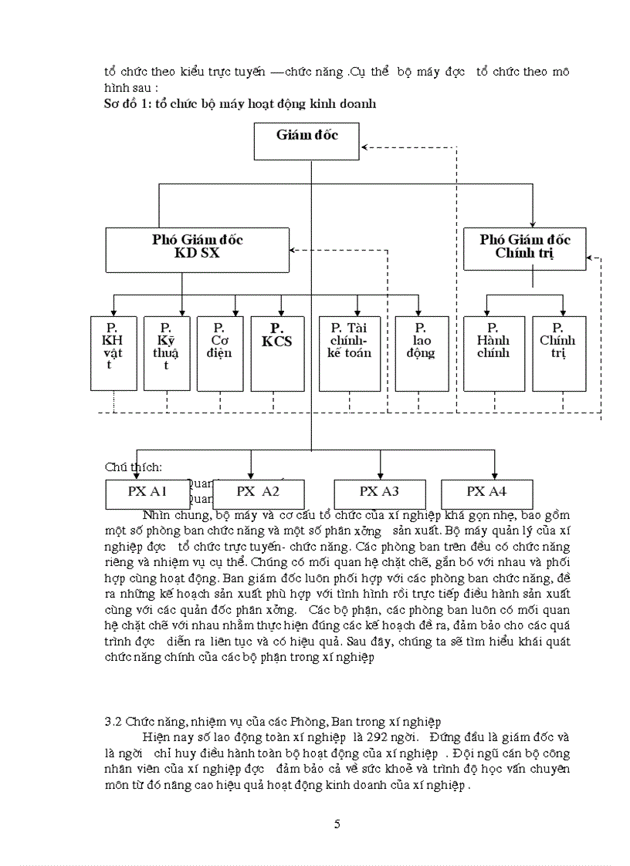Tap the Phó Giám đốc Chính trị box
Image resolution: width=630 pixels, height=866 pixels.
click(524, 248)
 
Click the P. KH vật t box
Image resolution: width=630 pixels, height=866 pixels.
click(113, 353)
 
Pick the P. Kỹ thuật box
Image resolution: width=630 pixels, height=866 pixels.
click(166, 353)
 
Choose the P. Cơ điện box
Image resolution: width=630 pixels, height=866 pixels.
click(220, 353)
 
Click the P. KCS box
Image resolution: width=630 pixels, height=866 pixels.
click(277, 353)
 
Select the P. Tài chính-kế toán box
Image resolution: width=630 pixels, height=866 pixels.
click(350, 353)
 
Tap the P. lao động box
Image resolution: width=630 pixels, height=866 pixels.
click(422, 353)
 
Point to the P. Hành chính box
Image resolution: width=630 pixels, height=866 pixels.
click(493, 353)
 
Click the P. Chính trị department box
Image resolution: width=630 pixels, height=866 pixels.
click(559, 353)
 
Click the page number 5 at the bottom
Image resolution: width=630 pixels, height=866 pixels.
click(337, 824)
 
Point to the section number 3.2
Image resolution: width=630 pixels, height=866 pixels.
click(113, 722)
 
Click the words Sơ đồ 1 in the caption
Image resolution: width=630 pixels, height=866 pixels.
click(127, 103)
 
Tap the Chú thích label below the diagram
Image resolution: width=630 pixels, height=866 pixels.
click(134, 467)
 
